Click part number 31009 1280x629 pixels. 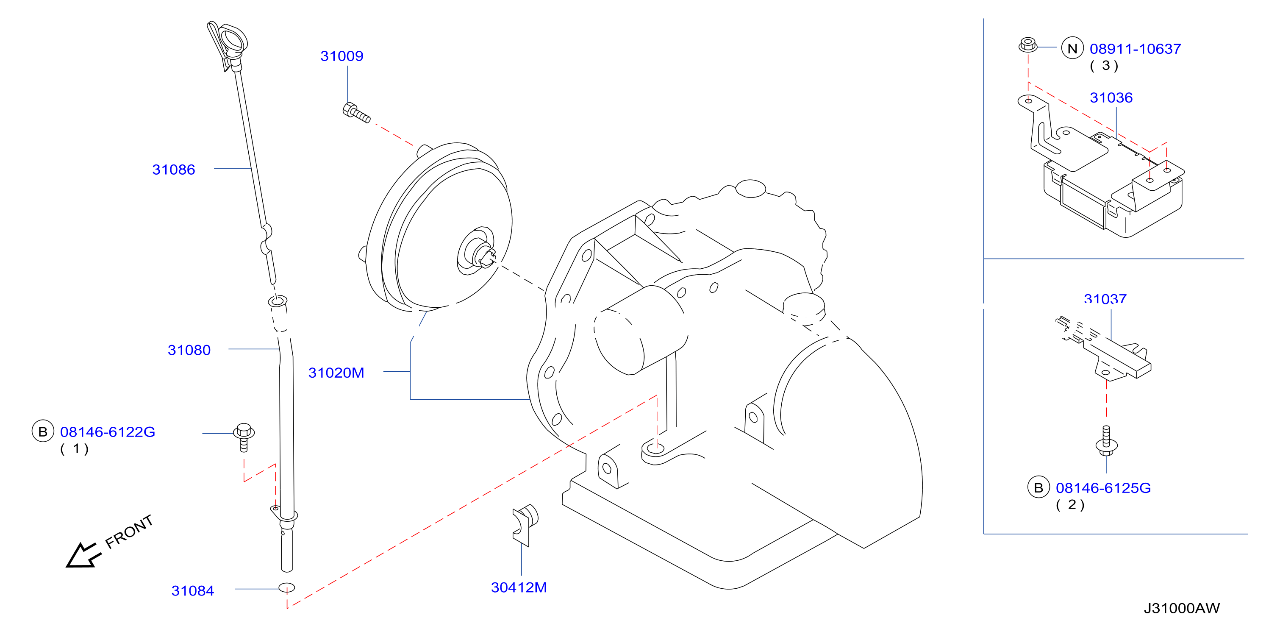coord(342,56)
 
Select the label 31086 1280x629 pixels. coord(173,170)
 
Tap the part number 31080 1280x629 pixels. coord(189,350)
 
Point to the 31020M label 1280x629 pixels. coord(336,373)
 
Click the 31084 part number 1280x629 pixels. coord(192,591)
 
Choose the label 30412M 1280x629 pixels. coord(519,587)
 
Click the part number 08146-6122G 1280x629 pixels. coord(107,432)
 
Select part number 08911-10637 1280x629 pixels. coord(1135,49)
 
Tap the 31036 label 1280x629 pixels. coord(1111,97)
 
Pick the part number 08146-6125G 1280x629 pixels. coord(1103,488)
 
